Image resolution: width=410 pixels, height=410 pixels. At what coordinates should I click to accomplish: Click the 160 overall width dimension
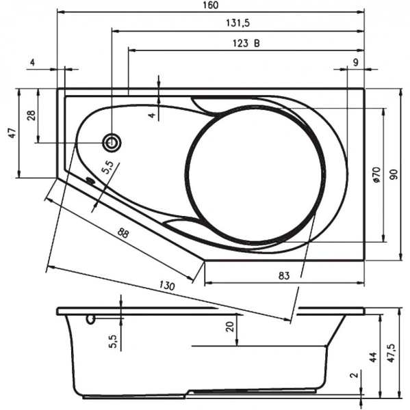pyautogui.click(x=211, y=6)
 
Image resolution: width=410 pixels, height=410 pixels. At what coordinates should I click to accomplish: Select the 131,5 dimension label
pyautogui.click(x=237, y=23)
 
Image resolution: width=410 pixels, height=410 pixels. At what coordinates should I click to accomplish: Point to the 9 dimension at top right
pyautogui.click(x=355, y=62)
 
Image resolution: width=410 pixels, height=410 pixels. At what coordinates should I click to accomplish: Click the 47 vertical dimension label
pyautogui.click(x=11, y=133)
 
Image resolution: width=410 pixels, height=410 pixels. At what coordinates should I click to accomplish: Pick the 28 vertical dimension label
pyautogui.click(x=31, y=115)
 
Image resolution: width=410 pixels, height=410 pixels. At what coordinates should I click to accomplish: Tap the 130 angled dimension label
pyautogui.click(x=167, y=285)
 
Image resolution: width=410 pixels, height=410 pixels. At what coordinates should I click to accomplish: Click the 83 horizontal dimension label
pyautogui.click(x=285, y=275)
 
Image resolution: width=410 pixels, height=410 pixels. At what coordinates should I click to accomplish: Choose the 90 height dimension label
pyautogui.click(x=394, y=175)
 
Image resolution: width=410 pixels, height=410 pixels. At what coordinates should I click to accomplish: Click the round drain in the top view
pyautogui.click(x=111, y=143)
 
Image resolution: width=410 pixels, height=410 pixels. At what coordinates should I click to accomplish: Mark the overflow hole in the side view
pyautogui.click(x=90, y=320)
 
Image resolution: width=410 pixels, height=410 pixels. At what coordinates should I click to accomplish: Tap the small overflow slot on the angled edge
pyautogui.click(x=89, y=181)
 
